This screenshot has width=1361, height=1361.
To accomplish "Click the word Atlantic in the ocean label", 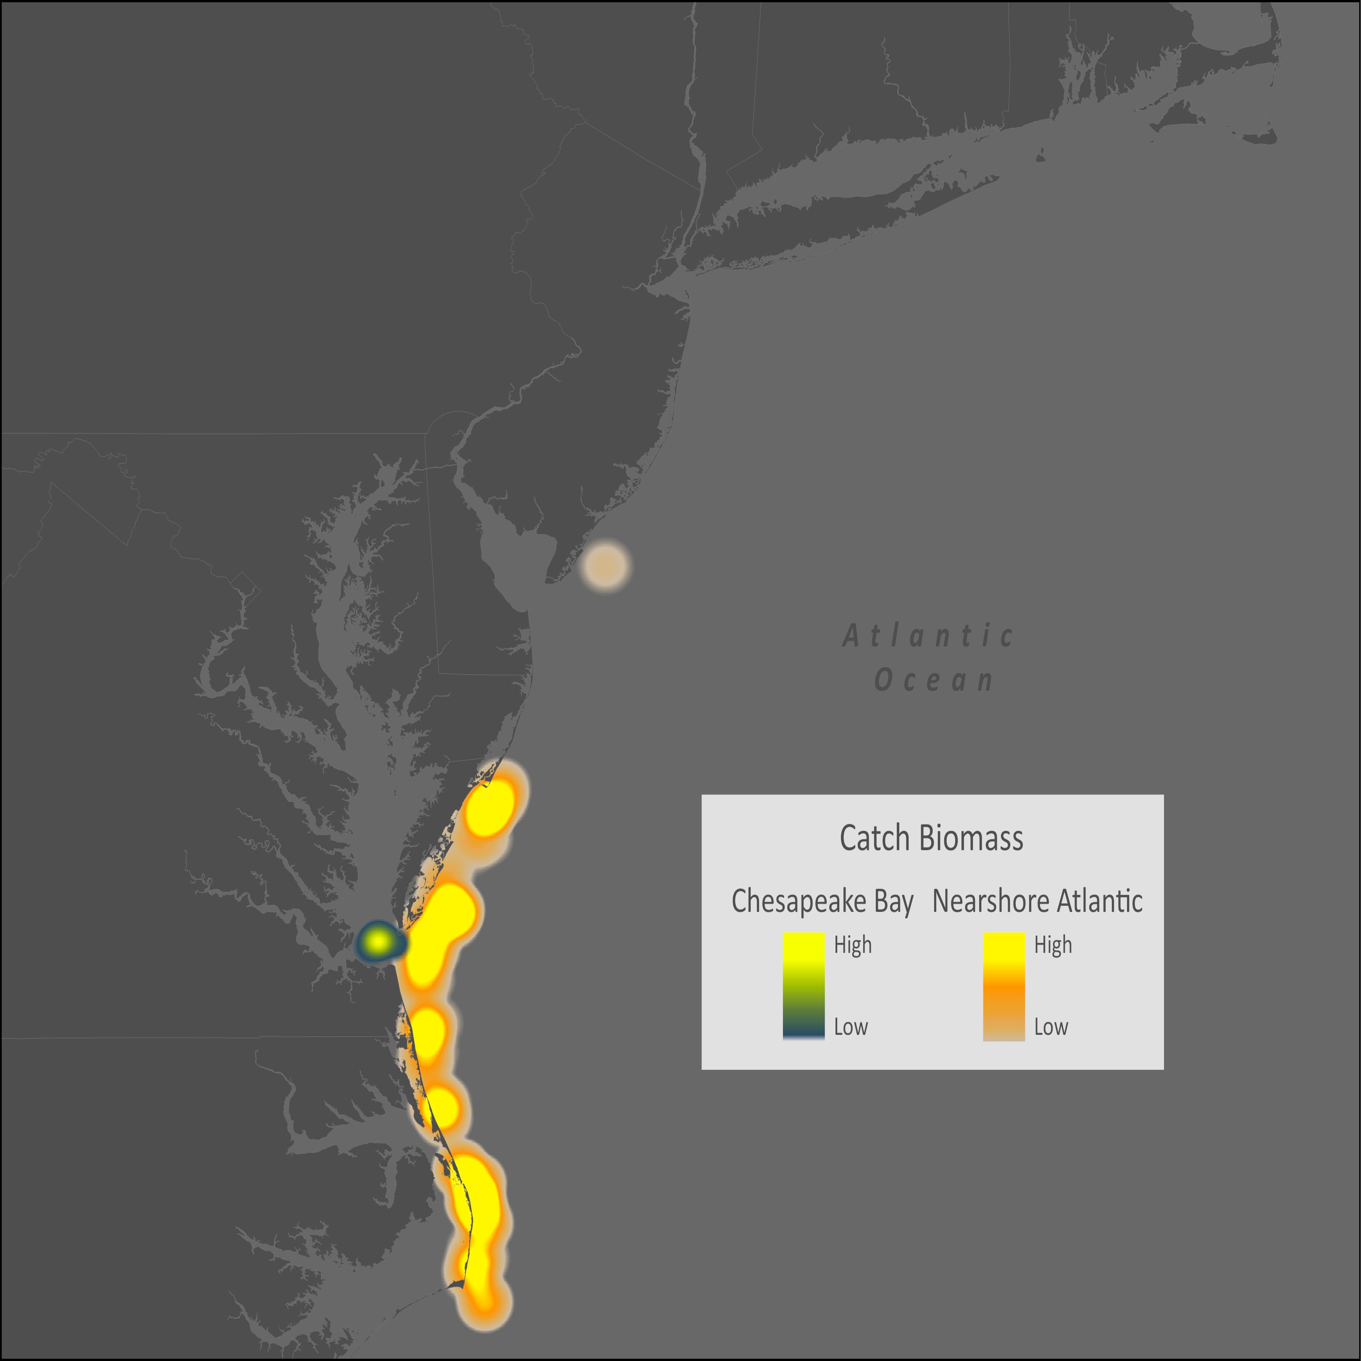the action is point(928,636).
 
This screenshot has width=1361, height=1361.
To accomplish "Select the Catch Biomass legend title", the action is point(931,838).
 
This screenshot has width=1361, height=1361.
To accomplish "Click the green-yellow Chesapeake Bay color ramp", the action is point(803,985).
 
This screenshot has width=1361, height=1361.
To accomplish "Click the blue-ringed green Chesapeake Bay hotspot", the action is point(379,941).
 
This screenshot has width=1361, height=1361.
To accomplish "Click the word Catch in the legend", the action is point(874,838).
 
